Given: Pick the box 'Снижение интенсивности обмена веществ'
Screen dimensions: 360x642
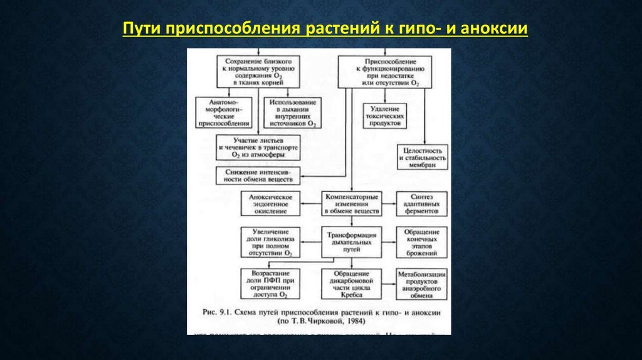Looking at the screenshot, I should tap(258, 175).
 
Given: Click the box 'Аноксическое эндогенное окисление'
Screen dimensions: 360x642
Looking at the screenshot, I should tap(271, 204).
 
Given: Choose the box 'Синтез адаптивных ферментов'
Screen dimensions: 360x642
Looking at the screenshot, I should tap(422, 204).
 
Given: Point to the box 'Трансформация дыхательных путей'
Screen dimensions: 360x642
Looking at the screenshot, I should tap(351, 241).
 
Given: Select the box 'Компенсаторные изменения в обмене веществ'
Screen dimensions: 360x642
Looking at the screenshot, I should tap(351, 204).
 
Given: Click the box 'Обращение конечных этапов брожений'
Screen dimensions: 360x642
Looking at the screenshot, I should tap(422, 241).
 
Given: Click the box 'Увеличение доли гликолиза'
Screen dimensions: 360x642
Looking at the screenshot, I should tap(271, 241).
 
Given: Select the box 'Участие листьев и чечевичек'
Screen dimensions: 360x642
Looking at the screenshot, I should tap(258, 147).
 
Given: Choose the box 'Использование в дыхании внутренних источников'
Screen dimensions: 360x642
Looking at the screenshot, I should tap(292, 113).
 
